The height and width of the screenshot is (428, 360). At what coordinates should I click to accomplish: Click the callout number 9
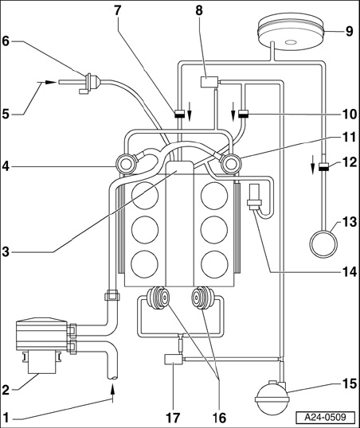click(349, 31)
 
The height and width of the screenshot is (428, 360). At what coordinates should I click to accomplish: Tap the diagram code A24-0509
click(326, 418)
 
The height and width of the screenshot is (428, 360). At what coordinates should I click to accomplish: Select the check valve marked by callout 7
click(179, 114)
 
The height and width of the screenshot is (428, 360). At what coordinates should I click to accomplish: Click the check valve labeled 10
click(243, 114)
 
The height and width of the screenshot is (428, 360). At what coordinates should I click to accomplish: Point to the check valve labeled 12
click(323, 167)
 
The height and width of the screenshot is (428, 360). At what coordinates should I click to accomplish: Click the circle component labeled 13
click(323, 243)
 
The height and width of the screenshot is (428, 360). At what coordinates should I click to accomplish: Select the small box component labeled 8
click(209, 82)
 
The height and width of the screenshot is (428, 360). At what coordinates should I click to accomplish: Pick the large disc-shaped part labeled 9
click(291, 33)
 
